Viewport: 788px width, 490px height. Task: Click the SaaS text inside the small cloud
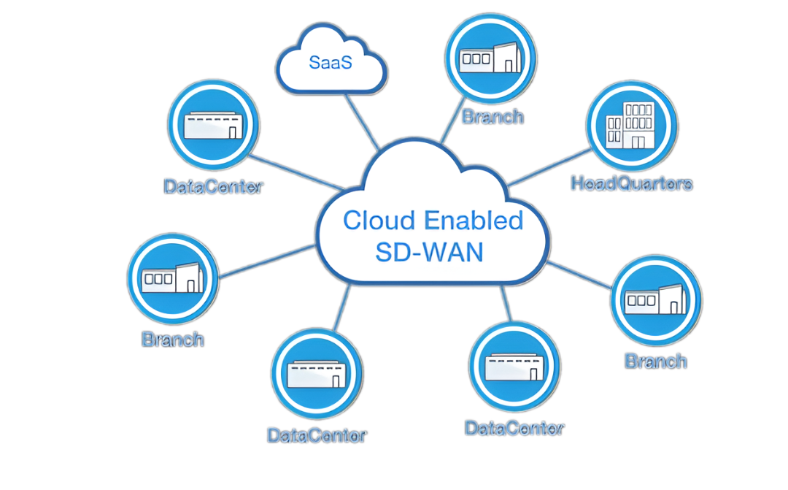point(331,62)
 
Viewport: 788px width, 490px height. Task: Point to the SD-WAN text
point(429,252)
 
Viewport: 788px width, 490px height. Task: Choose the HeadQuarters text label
point(631,183)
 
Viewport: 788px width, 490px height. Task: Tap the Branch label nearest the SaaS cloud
point(493,116)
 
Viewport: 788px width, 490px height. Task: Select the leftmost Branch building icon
point(173,279)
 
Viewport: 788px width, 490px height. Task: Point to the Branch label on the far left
point(173,340)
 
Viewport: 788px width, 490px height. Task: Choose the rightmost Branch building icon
point(656,300)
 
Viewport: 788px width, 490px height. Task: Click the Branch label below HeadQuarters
point(656,361)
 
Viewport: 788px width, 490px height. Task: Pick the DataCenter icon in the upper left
point(213,125)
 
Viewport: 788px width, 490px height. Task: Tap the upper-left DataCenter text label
point(213,186)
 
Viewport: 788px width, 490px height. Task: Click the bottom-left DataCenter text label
point(317,435)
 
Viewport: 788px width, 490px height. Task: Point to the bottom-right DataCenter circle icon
point(515,367)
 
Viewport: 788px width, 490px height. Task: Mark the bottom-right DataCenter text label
point(515,428)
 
